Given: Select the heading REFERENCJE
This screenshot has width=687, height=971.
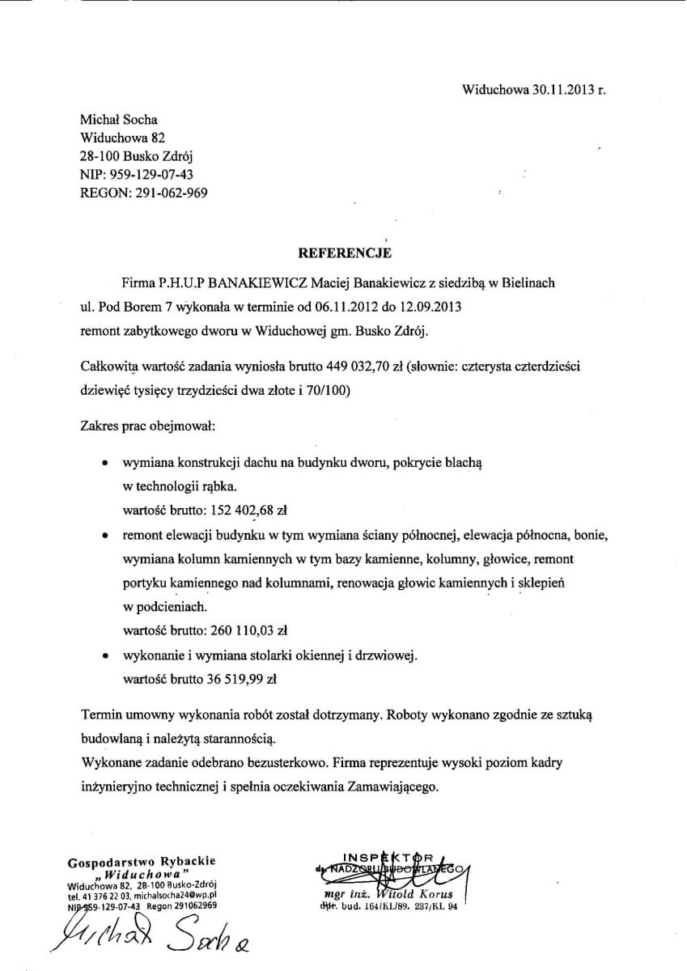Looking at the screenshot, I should (345, 253).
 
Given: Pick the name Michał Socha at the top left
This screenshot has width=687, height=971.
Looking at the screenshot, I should (119, 120).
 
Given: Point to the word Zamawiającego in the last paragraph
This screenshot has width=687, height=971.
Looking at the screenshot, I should (392, 785).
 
